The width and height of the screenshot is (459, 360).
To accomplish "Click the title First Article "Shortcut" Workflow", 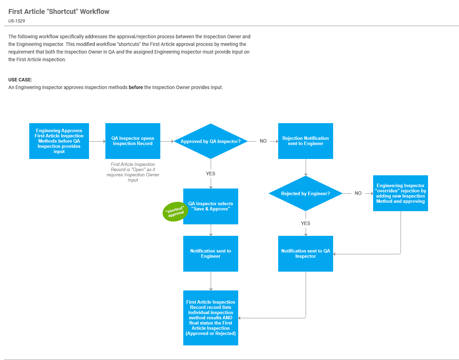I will (x=59, y=11).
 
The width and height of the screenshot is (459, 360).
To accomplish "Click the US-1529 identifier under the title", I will (x=17, y=21).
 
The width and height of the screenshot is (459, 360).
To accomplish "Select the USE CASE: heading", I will (x=20, y=80).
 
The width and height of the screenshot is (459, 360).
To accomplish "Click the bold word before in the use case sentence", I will (x=136, y=87).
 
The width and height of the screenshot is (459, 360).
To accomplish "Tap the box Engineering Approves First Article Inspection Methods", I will (x=59, y=141).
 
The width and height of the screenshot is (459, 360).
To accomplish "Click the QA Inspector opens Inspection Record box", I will (x=133, y=141).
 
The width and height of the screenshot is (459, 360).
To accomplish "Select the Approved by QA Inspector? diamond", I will (x=211, y=141).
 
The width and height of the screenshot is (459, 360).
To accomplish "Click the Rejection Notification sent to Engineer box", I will (x=306, y=141).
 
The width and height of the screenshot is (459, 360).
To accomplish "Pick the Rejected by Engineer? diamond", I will (x=306, y=193).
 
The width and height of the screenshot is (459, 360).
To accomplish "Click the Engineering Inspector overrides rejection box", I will (x=401, y=193).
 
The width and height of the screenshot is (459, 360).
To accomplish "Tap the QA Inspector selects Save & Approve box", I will (x=211, y=206).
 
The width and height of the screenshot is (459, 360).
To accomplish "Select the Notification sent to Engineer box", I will (x=211, y=254).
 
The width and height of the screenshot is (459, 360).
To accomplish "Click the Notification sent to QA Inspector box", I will (x=306, y=254).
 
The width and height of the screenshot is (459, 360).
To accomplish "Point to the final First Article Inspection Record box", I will (x=211, y=318).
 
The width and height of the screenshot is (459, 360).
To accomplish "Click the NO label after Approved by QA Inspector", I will (x=263, y=141).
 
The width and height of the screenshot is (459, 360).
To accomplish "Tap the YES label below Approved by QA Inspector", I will (x=211, y=174).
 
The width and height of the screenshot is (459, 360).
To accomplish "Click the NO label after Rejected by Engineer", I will (x=358, y=193).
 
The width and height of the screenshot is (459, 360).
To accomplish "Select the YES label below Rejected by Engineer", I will (x=306, y=223).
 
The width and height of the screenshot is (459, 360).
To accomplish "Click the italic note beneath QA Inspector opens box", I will (x=133, y=172).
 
